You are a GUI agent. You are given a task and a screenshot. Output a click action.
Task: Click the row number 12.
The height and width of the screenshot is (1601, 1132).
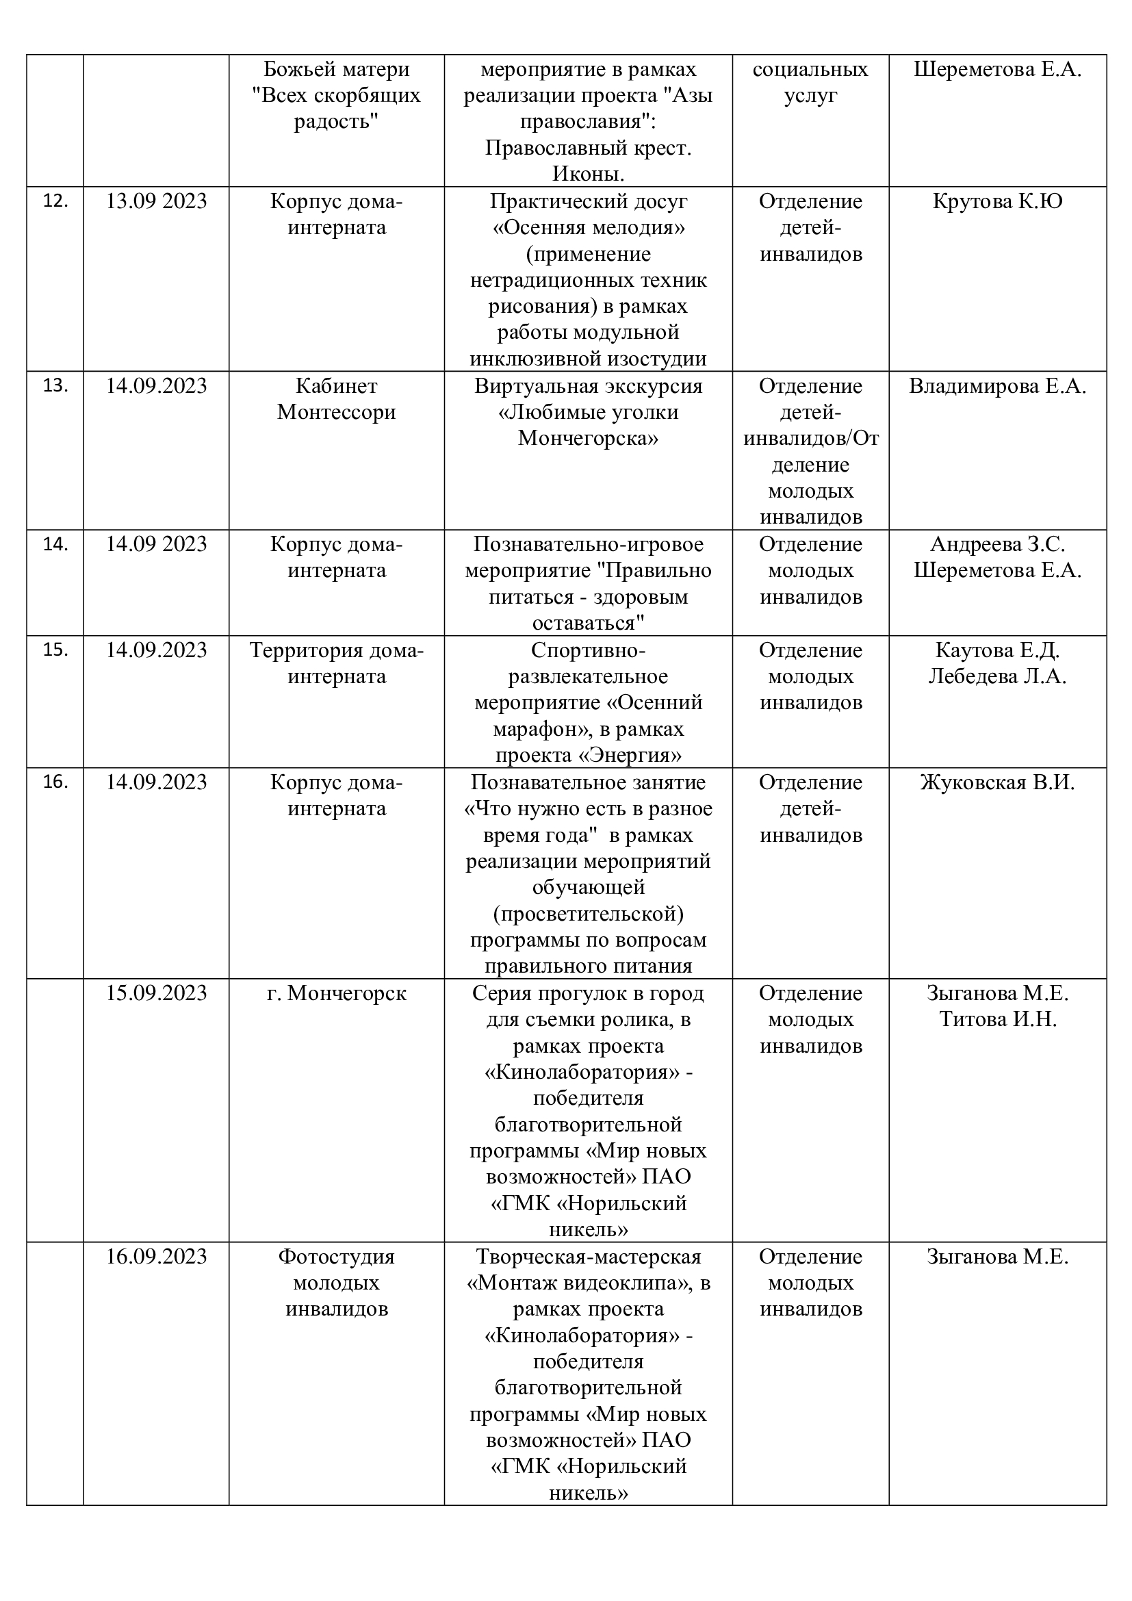coord(55,201)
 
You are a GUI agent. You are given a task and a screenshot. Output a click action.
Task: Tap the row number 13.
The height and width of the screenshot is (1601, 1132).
coord(55,385)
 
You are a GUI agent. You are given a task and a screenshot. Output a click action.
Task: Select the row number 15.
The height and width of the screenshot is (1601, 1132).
coord(55,650)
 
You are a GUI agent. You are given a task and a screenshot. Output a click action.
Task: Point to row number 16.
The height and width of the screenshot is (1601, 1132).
coord(55,782)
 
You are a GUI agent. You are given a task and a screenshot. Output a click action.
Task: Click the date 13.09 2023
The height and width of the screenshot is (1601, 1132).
coord(156,201)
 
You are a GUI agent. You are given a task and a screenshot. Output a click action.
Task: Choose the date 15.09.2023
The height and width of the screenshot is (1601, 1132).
coord(156,993)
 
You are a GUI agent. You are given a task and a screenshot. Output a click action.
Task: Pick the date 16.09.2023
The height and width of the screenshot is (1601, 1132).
coord(156,1257)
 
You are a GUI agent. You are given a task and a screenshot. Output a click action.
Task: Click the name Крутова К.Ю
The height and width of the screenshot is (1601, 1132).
coord(996,201)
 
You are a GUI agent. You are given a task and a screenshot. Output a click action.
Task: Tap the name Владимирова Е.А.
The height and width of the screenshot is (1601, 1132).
coord(996,386)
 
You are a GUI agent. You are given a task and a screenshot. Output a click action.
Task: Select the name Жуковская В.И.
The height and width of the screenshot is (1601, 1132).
coord(996,782)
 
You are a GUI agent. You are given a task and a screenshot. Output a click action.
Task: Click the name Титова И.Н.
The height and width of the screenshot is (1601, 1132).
coord(997,1019)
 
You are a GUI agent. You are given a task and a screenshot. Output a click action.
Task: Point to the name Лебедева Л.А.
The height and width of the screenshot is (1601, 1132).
coord(996,676)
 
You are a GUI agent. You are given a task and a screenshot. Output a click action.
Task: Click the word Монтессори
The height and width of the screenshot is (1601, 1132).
coord(336,412)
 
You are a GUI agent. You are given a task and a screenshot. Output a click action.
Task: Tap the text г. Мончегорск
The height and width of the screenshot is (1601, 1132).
coord(336,993)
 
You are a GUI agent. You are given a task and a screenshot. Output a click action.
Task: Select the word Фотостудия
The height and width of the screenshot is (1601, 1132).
coord(336,1257)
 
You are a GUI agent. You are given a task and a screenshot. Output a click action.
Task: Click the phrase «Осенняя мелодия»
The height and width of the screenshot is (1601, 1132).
coord(589,228)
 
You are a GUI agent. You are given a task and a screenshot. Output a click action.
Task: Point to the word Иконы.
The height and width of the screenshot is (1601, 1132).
coord(589,174)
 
